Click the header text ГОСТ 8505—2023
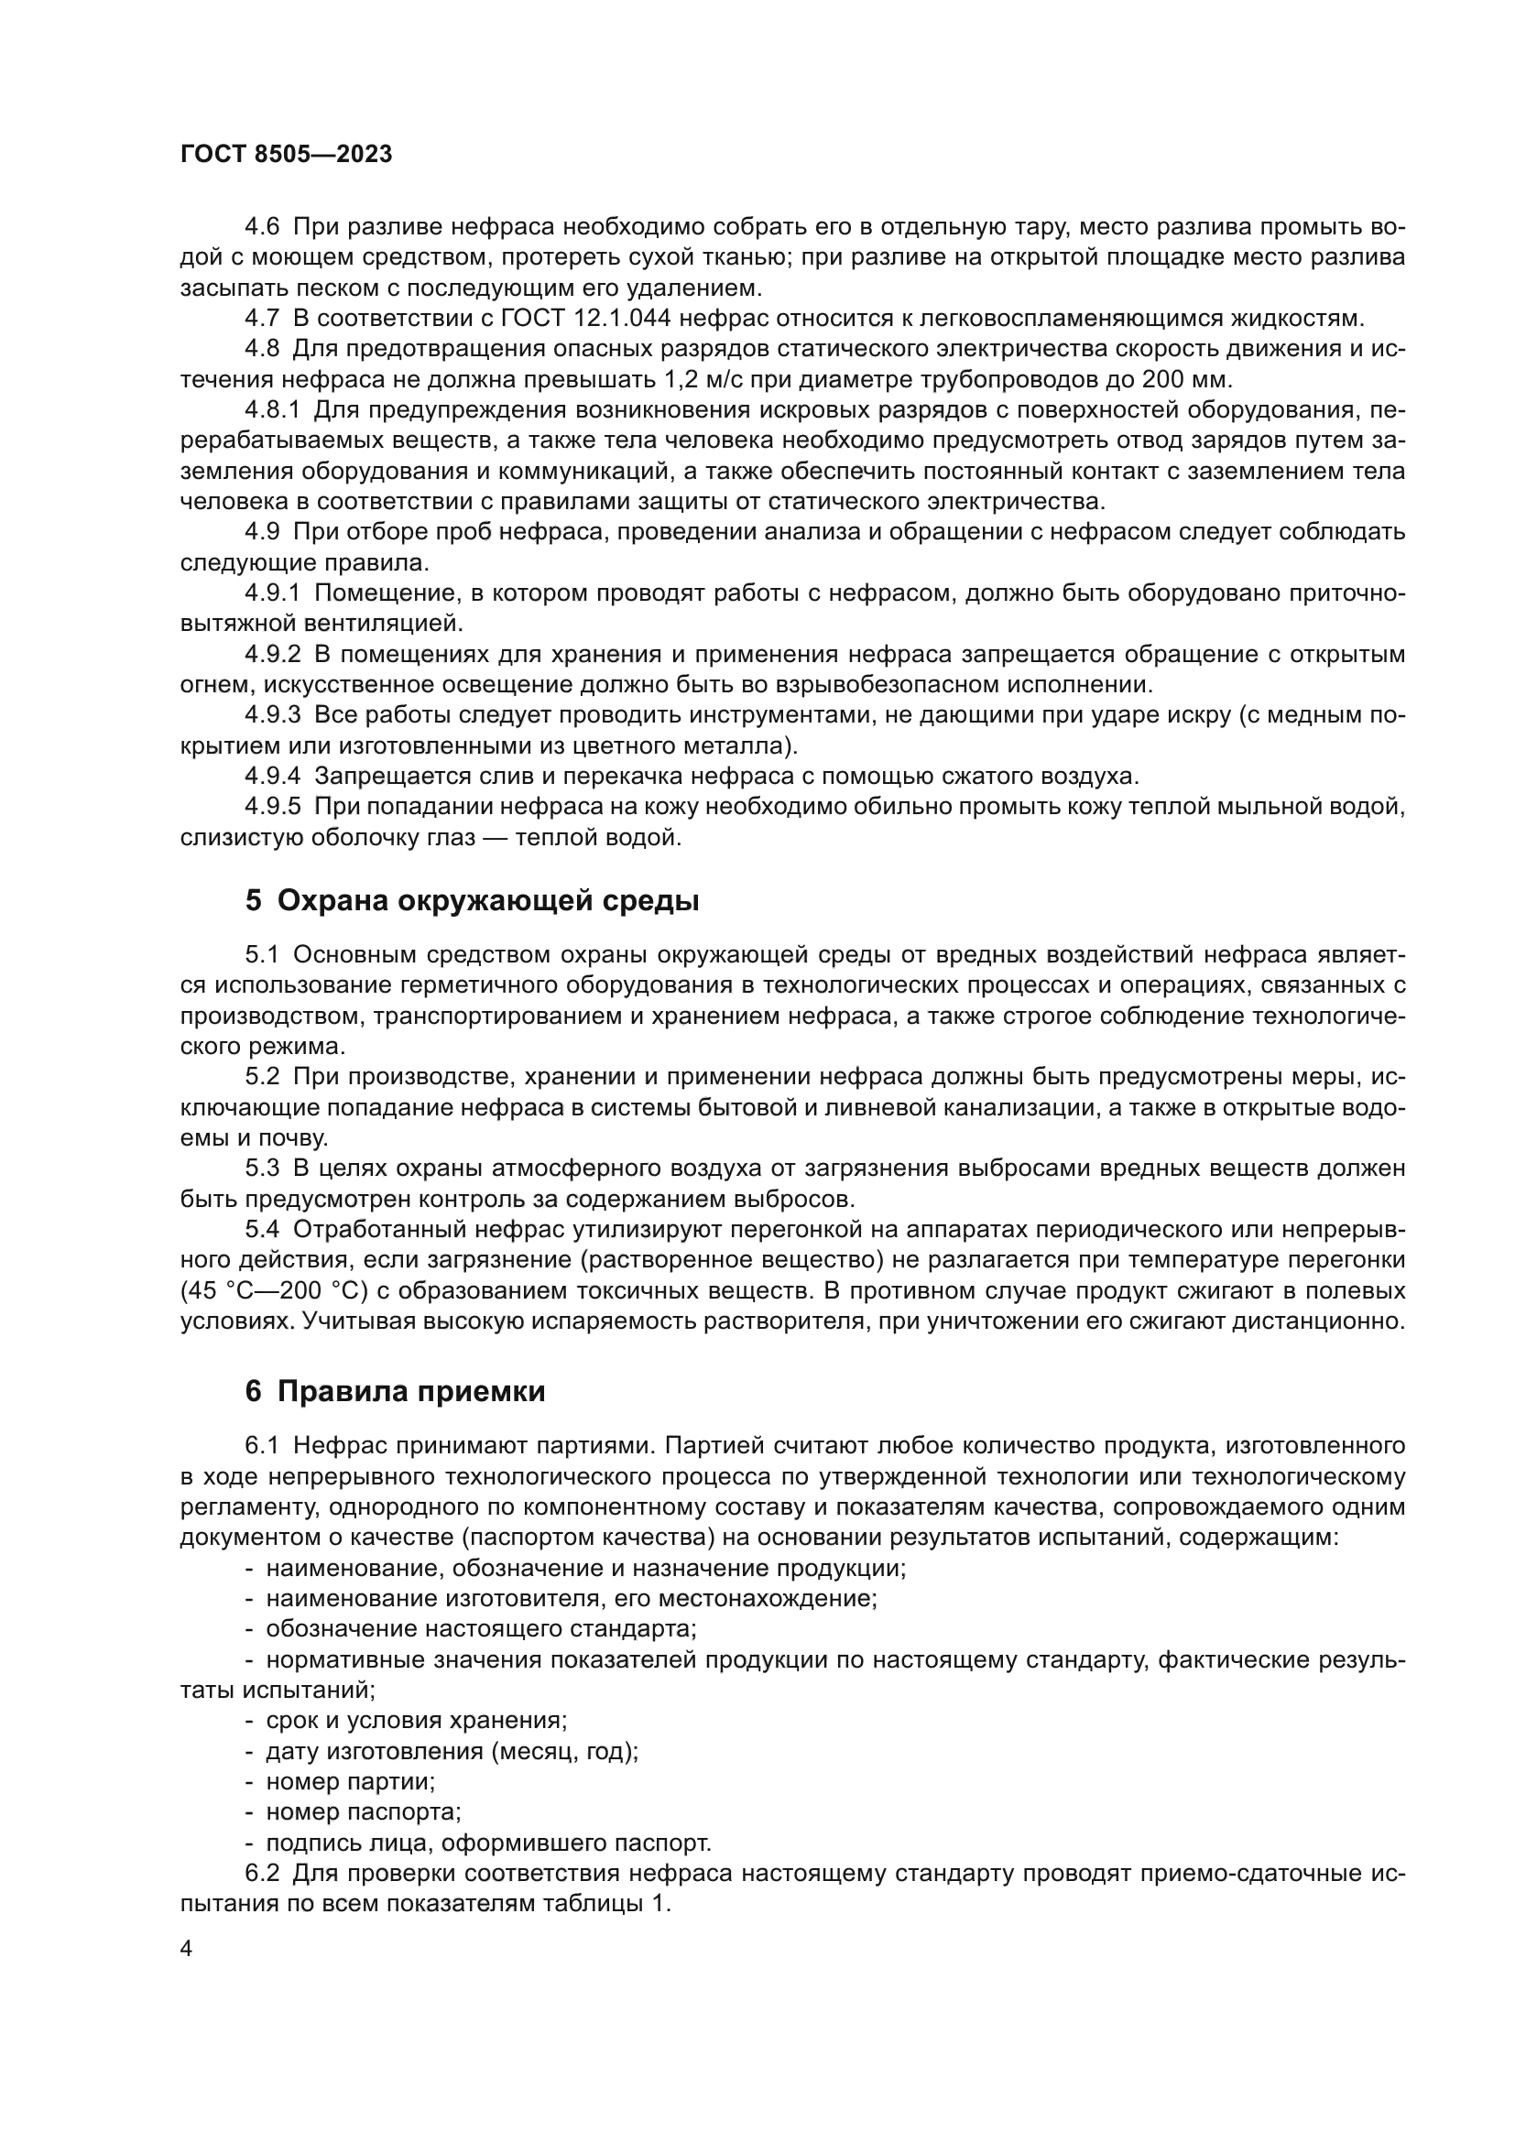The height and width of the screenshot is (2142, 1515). click(286, 155)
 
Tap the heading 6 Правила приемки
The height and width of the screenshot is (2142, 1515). click(395, 1391)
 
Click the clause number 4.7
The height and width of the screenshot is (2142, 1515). click(262, 318)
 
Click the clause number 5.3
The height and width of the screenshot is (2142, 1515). click(262, 1169)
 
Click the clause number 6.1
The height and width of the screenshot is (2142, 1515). click(262, 1446)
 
